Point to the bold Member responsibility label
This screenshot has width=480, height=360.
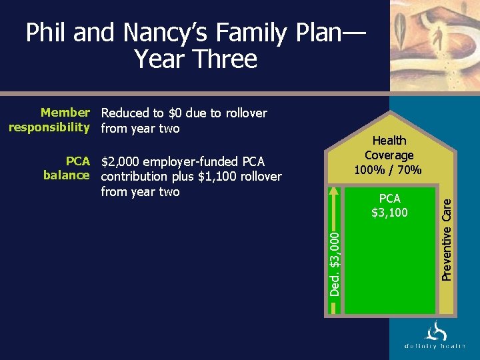coord(49,120)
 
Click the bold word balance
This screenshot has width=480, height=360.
coord(66,175)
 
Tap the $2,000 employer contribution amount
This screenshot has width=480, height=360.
coord(122,162)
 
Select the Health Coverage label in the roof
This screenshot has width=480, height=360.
coord(389,147)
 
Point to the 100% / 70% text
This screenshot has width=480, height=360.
coord(389,170)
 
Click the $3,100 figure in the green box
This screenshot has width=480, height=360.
coord(389,213)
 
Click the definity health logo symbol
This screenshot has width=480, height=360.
coord(435,331)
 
